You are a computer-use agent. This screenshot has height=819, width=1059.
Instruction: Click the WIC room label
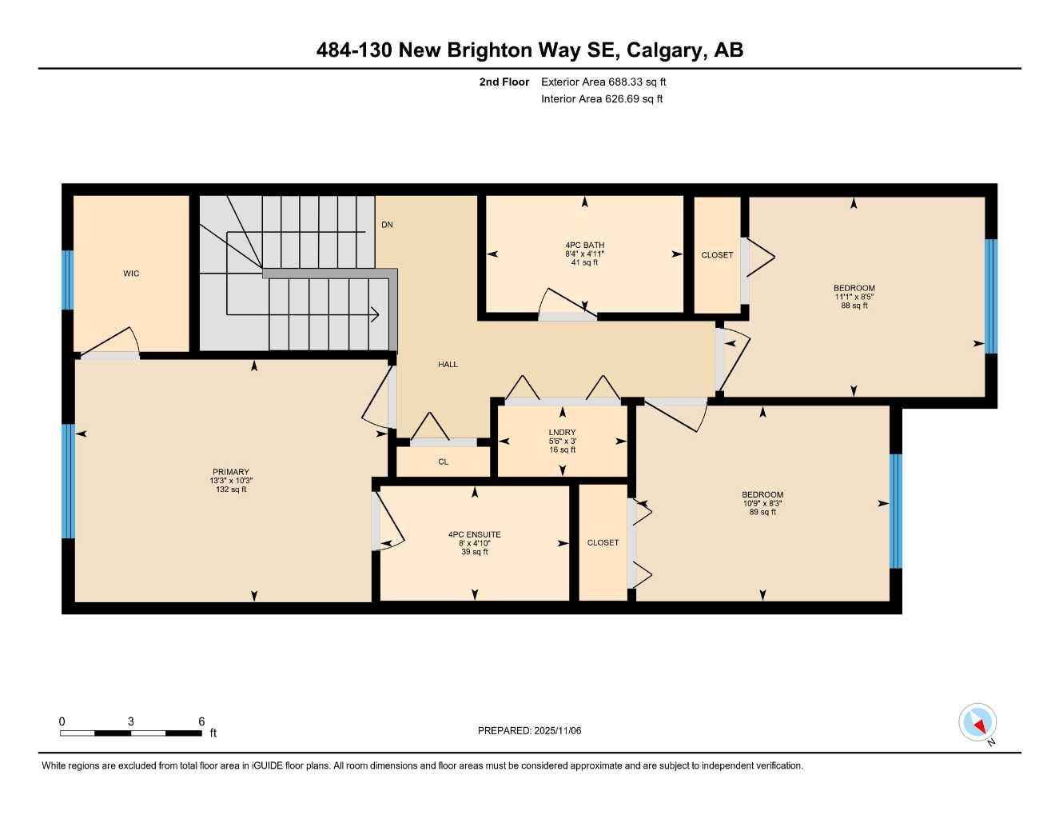click(x=131, y=274)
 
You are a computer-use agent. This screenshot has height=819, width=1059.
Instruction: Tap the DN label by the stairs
click(x=387, y=225)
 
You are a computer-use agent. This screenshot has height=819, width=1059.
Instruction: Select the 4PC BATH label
click(x=584, y=246)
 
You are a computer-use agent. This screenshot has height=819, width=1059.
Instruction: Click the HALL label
click(x=448, y=365)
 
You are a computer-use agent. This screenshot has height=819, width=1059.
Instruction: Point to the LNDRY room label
click(x=562, y=433)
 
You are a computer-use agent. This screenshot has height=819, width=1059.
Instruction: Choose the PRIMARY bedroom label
click(x=231, y=472)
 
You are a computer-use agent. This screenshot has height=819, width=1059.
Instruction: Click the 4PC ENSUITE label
click(x=474, y=534)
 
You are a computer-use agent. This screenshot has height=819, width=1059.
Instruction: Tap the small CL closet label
click(x=443, y=461)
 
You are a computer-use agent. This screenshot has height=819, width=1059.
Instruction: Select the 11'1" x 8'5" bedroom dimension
click(x=854, y=297)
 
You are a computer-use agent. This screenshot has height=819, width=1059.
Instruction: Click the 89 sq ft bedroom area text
click(x=762, y=512)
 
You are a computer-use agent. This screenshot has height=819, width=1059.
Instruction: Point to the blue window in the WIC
click(x=68, y=280)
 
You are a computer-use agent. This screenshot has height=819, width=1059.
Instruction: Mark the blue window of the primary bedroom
click(x=69, y=481)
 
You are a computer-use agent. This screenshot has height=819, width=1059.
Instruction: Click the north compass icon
click(x=977, y=723)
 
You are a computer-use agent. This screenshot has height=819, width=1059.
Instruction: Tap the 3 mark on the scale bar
click(x=131, y=721)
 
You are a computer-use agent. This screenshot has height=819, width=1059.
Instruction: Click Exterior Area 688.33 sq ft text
click(x=603, y=82)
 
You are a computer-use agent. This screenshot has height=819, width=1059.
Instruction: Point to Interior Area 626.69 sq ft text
click(x=602, y=99)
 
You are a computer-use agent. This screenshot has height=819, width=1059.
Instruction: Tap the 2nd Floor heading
click(x=504, y=82)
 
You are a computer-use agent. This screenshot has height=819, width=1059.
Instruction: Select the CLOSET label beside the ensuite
click(x=603, y=542)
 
